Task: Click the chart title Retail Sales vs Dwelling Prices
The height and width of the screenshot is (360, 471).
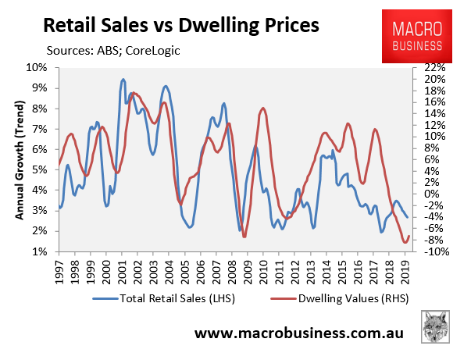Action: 180,26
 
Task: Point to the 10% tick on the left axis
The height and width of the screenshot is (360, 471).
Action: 37,68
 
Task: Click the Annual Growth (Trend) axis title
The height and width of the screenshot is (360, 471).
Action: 17,160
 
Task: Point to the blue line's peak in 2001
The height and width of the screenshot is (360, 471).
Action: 123,80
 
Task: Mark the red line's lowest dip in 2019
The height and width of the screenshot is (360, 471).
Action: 405,243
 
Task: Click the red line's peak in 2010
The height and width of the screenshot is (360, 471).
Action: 262,108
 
